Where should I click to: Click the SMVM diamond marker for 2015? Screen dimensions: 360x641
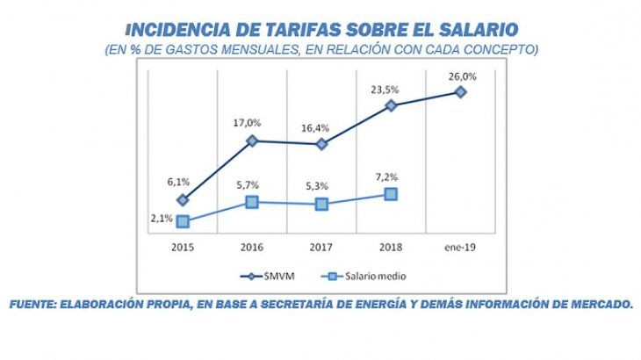(183, 200)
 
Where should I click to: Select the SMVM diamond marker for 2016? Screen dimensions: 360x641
(252, 140)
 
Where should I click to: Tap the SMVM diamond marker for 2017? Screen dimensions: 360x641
(321, 144)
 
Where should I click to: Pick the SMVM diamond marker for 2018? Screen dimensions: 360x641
(391, 105)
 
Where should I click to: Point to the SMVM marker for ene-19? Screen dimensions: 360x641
(460, 91)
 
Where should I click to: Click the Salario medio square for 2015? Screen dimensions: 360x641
(183, 221)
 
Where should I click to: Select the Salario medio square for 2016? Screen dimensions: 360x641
(252, 202)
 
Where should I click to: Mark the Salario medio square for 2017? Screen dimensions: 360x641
(321, 204)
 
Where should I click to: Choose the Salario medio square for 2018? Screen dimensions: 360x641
(391, 194)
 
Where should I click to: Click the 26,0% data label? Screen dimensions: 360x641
(463, 76)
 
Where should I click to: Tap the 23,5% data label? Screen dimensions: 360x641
(393, 89)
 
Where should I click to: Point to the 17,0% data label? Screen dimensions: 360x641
(253, 124)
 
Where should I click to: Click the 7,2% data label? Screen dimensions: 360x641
(392, 176)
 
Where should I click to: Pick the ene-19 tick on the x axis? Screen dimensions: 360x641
(460, 248)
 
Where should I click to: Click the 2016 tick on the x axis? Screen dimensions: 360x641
(252, 248)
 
